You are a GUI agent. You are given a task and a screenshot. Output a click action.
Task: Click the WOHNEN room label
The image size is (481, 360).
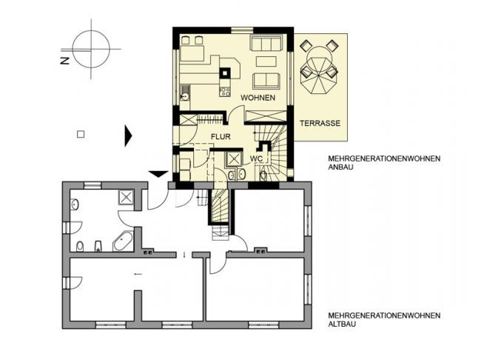coord(258,98)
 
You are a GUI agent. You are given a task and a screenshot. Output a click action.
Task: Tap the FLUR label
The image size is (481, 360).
coord(221,137)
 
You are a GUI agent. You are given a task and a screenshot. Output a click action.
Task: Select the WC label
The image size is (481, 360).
coord(256,159)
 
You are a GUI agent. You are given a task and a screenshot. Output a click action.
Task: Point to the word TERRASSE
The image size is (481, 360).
coord(320,124)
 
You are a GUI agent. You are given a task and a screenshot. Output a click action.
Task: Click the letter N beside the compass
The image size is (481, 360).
coord(64,61)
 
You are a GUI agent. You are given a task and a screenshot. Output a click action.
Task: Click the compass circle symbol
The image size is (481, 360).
coord(91,49)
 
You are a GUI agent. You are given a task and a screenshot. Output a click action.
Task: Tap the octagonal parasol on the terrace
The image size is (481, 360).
coord(319,75)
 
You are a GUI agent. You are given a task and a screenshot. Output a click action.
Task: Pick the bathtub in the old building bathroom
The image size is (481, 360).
coord(123,241)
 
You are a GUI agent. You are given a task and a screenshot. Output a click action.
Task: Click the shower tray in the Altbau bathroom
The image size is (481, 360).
coord(126,197)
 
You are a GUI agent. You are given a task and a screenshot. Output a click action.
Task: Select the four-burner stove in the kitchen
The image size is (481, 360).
coord(225,91)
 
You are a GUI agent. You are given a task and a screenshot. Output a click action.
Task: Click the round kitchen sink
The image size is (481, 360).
coord(185,96)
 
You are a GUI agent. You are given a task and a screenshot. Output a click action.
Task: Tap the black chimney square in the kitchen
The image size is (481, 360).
coord(225,73)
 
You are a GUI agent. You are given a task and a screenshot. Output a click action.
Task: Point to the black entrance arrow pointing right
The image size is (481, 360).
coord(128,136)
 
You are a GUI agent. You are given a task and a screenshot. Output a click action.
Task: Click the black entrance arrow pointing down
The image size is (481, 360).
coord(158,174)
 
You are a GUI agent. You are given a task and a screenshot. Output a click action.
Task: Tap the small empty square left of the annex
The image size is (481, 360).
coord(81,135)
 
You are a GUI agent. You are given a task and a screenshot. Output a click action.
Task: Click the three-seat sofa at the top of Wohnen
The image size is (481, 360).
coord(266,43)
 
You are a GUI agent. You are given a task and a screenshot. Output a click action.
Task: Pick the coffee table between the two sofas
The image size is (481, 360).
coord(266,61)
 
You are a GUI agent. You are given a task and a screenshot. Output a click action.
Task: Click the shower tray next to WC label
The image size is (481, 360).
coord(234,159)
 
